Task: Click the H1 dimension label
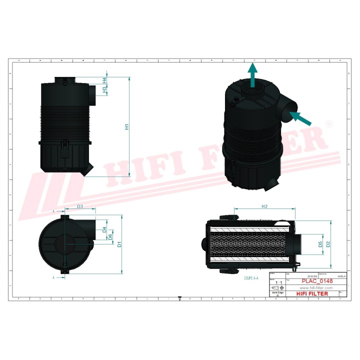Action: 127,127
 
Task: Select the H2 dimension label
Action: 265,206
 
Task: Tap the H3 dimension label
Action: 104,90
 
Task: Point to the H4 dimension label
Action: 104,80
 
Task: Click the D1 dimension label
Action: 119,244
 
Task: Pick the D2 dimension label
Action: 328,244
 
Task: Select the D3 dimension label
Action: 80,206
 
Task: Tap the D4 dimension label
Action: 104,230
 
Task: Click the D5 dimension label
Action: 320,244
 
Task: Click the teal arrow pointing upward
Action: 253,75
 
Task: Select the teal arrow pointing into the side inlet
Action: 300,118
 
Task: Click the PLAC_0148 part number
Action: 310,281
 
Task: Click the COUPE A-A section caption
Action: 251,277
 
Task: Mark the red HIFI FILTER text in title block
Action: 312,294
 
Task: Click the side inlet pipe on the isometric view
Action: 287,110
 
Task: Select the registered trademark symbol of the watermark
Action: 329,123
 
